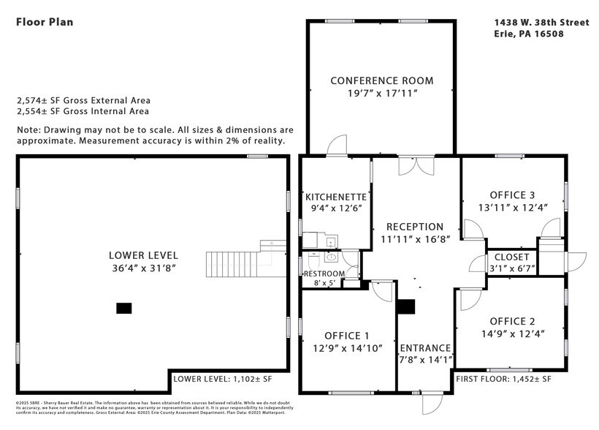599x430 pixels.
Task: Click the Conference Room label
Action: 381,80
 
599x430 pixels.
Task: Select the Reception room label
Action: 414,227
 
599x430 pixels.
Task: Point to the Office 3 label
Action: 512,195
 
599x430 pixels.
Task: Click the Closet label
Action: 512,257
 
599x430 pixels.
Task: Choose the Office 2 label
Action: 512,321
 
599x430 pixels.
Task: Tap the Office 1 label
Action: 342,336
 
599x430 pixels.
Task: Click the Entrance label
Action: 425,347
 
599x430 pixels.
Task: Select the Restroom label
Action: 324,274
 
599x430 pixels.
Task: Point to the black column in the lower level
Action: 124,308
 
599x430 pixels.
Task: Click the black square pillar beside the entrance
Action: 405,306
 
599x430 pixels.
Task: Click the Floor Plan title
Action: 45,22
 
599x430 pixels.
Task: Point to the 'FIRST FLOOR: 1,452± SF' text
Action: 503,380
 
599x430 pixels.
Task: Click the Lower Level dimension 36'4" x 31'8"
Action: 143,268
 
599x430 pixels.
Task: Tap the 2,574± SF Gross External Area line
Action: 83,101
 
